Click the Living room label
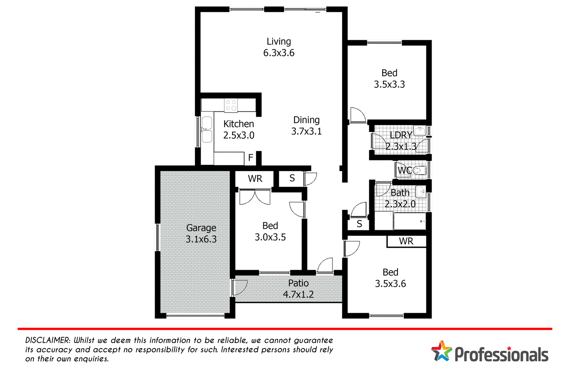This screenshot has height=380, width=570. pos(279,42)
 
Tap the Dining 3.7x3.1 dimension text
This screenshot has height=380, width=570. pos(306,131)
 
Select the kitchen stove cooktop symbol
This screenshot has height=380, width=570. pos(231,105)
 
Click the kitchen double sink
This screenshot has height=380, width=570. pos(207,129)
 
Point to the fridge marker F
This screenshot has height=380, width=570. pos(250,158)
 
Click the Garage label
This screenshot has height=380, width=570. pos(201,228)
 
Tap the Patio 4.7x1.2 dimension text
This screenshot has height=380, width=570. pos(298,294)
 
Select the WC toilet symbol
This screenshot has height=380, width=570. pos(418,171)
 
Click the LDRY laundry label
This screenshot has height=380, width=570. pos(401,135)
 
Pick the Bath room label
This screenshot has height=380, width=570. pos(400,193)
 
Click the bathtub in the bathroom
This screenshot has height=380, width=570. pos(410,222)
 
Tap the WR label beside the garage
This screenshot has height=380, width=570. pos(255,179)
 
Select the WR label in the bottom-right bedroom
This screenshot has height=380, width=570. pos(406,241)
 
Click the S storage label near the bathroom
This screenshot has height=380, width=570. pos(359,224)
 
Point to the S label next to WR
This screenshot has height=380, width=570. pos(292,178)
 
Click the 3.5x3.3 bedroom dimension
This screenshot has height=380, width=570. pos(389,84)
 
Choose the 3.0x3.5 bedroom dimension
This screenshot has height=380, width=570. pos(270,237)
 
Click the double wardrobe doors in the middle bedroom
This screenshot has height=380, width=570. pos(255,196)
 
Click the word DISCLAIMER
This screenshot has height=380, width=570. pos(47,340)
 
